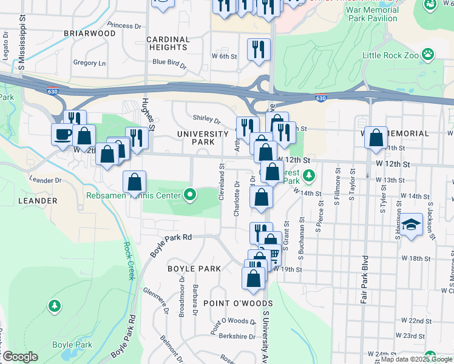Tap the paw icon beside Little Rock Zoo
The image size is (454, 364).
point(429,55)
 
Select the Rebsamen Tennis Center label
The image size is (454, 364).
point(134,195)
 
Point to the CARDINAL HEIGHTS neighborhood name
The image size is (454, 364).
point(168,43)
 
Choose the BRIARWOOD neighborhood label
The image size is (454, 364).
point(89,33)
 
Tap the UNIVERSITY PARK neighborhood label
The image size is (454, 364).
point(195,138)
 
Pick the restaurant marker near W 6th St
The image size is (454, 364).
point(259,49)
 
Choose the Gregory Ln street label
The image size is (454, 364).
point(89,63)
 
